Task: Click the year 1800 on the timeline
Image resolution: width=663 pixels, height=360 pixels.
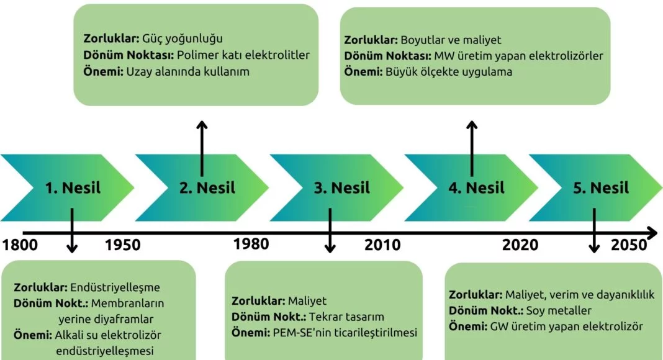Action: tap(20, 245)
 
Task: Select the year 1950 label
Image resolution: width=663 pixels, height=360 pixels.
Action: tap(123, 245)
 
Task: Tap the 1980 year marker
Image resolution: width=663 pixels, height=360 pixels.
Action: tap(251, 244)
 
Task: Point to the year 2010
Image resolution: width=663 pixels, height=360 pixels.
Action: tap(382, 245)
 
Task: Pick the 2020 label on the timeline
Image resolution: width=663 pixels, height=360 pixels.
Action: tap(520, 245)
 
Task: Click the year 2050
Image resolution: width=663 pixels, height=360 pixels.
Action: tap(629, 245)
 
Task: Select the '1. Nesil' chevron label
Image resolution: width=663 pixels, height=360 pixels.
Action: tap(73, 187)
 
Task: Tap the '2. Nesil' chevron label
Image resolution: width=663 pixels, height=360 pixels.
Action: tap(207, 187)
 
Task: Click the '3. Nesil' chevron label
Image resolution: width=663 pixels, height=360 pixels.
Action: tap(341, 187)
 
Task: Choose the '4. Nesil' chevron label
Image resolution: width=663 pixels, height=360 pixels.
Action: tap(477, 187)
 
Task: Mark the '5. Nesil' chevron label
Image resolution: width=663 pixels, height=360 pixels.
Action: tap(601, 187)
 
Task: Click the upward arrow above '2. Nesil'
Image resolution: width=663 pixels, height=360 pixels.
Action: tap(202, 148)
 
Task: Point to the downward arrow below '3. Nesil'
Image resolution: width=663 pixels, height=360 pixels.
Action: tap(330, 230)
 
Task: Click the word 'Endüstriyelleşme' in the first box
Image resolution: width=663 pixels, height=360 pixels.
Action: tap(115, 287)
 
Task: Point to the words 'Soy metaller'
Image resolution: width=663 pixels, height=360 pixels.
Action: tap(559, 310)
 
